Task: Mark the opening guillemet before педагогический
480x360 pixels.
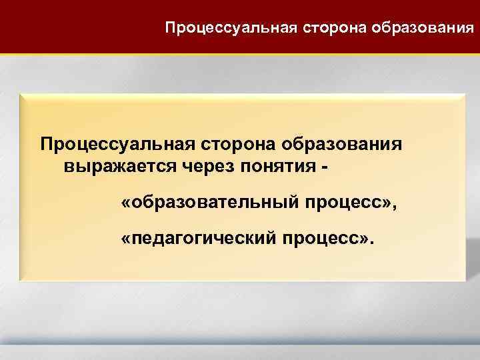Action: (126, 237)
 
